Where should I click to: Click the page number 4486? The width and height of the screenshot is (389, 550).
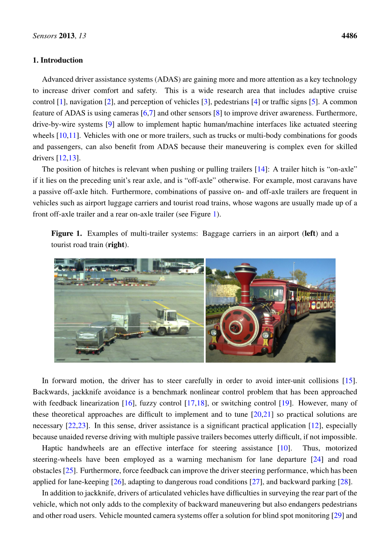click(x=349, y=36)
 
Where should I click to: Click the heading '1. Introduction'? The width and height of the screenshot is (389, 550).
click(x=58, y=60)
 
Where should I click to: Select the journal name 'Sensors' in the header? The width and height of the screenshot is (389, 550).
click(x=45, y=36)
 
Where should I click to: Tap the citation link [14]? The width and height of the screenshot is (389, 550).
click(x=261, y=169)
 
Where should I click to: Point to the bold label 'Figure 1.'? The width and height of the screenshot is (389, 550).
click(x=66, y=234)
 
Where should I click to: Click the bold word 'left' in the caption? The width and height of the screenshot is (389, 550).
click(x=310, y=234)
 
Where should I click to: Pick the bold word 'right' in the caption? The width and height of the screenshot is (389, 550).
click(x=116, y=245)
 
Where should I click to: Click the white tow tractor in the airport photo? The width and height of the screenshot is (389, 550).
click(x=169, y=322)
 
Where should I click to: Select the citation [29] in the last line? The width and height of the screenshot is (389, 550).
click(x=337, y=516)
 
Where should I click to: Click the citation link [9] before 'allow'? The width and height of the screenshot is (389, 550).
click(x=110, y=124)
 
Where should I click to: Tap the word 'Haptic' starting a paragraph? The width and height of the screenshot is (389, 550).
click(x=53, y=448)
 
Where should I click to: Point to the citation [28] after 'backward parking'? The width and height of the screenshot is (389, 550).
click(x=344, y=482)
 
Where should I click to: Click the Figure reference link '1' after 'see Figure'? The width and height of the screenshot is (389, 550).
click(x=214, y=214)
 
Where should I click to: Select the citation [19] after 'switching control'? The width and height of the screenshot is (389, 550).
click(x=285, y=403)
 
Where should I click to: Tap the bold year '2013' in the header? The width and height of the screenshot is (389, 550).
click(x=67, y=36)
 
